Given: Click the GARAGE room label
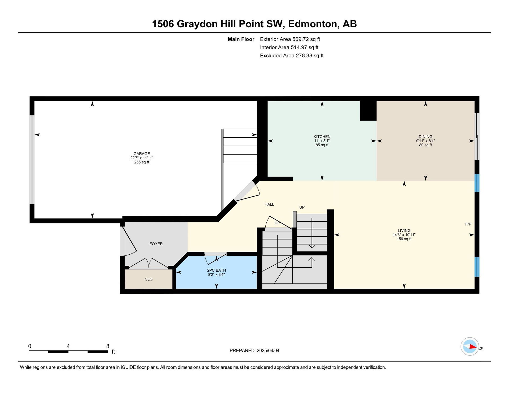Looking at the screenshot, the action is [142, 154].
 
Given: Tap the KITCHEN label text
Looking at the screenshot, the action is [322, 137].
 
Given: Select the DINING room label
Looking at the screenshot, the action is [425, 137].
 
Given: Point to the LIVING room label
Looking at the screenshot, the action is [404, 231].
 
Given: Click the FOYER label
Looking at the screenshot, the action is [156, 244].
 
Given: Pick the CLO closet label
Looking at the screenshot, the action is [148, 279].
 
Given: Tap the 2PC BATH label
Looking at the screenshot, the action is [216, 270].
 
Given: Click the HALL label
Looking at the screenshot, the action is [269, 204].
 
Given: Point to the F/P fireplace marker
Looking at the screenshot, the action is [468, 224].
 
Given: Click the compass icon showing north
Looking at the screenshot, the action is [470, 346].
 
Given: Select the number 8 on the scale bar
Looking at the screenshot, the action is [108, 346].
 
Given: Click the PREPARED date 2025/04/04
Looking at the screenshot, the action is [268, 351].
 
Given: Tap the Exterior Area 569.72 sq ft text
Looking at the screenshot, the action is [290, 39].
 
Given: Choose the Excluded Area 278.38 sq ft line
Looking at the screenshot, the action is [292, 56].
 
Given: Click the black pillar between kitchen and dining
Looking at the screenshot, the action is [368, 111].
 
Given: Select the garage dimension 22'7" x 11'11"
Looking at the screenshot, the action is [142, 158].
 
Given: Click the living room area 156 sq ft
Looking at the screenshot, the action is [404, 239].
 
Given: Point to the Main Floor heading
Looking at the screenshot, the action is [241, 39].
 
